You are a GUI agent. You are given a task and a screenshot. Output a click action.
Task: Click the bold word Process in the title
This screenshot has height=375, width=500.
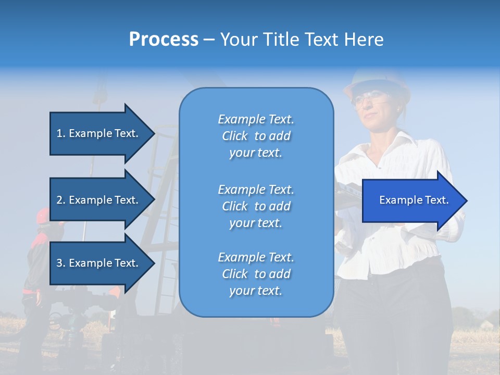(x=164, y=40)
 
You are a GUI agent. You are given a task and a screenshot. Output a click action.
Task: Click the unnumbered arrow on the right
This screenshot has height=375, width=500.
(x=411, y=201)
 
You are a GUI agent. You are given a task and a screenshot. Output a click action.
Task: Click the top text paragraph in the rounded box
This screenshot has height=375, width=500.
(x=256, y=136)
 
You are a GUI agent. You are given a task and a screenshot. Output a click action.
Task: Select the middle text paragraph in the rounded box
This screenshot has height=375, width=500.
(x=256, y=206)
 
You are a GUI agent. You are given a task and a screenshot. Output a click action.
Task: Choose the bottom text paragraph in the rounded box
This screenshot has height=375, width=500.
(x=256, y=274)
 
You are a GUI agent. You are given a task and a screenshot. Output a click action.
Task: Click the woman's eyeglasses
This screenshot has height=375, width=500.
(x=369, y=97)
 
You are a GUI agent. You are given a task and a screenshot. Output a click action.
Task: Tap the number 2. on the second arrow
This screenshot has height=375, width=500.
(x=60, y=200)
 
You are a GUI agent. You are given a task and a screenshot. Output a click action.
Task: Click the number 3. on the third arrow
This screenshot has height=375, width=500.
(x=60, y=263)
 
